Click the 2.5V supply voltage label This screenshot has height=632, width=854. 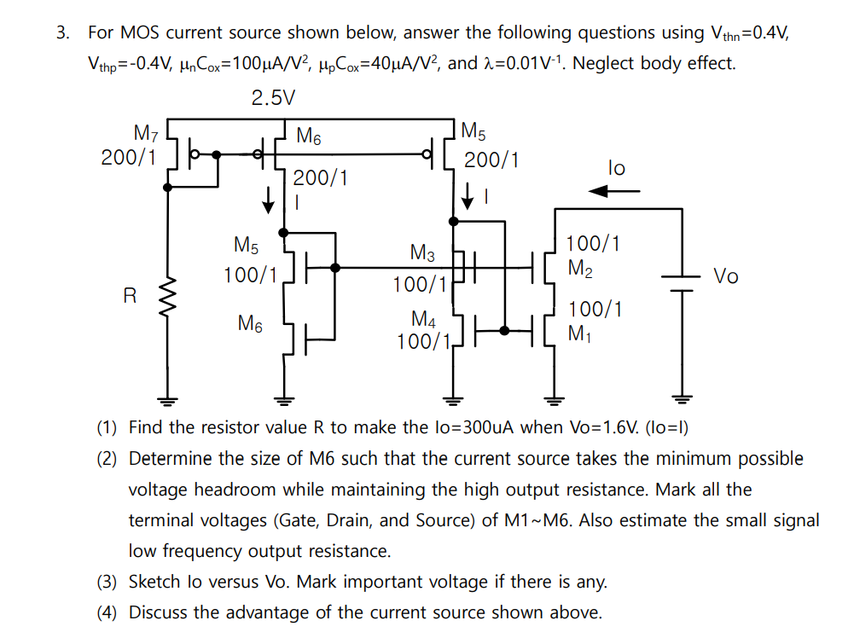coord(273,98)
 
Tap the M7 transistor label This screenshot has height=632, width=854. coord(146,133)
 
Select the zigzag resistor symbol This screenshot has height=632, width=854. coord(167,297)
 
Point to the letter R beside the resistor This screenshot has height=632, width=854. coord(130,297)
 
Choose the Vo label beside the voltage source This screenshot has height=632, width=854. coord(726,276)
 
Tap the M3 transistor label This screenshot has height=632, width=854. coord(422,253)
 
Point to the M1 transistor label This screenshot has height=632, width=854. coord(580,333)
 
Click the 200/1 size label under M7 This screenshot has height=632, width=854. coord(129,157)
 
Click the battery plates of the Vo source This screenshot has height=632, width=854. coord(681,282)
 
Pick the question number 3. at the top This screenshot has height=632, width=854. coord(63,33)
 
